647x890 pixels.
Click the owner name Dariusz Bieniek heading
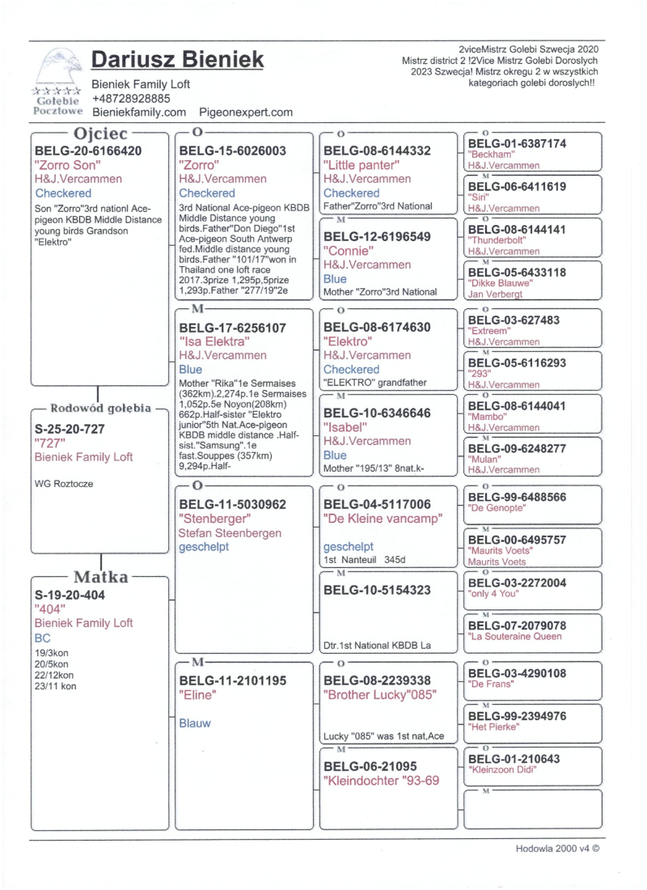coord(177,60)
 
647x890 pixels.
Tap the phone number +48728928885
coord(131,99)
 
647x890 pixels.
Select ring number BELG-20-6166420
coord(89,150)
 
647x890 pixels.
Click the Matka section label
coord(100,577)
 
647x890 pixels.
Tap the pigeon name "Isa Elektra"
coord(214,341)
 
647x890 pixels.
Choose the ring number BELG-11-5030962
coord(233,504)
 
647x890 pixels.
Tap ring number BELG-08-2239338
coord(377,680)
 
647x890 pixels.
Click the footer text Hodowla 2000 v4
coord(557,849)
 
